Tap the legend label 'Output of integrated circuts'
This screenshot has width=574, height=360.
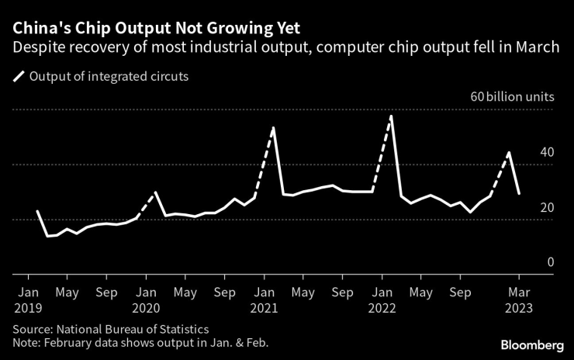109,77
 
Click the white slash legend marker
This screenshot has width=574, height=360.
17,77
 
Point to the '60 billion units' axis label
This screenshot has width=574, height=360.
510,98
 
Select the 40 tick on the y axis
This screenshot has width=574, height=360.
547,152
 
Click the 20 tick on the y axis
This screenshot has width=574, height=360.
547,207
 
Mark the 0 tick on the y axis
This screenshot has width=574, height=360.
551,262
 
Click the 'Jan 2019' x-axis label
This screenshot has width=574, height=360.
28,299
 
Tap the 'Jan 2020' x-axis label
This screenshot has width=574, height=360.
146,299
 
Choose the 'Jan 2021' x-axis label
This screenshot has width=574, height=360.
264,299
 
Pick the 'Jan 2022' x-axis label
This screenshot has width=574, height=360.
382,299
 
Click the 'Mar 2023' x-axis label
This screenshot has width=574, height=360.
519,299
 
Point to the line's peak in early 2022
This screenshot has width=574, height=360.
392,116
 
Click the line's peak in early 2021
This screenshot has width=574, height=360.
274,127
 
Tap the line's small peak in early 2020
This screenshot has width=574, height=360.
156,192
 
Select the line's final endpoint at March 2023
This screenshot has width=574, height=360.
519,193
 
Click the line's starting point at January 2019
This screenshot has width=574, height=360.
37,211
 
